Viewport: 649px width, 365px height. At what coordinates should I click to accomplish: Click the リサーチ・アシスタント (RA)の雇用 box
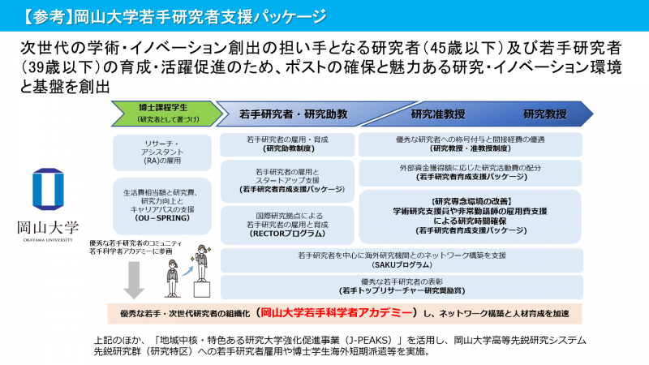(165, 152)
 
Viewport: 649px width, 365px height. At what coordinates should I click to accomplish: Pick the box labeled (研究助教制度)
(287, 144)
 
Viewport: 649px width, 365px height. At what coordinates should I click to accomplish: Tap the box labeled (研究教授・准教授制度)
(471, 144)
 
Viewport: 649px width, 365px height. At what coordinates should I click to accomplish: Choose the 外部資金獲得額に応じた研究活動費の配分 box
(471, 171)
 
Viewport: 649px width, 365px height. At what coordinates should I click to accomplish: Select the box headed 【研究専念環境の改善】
(471, 215)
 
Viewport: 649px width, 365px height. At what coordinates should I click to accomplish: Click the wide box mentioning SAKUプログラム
(402, 260)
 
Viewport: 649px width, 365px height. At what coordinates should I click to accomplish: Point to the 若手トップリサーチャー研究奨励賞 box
(402, 286)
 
